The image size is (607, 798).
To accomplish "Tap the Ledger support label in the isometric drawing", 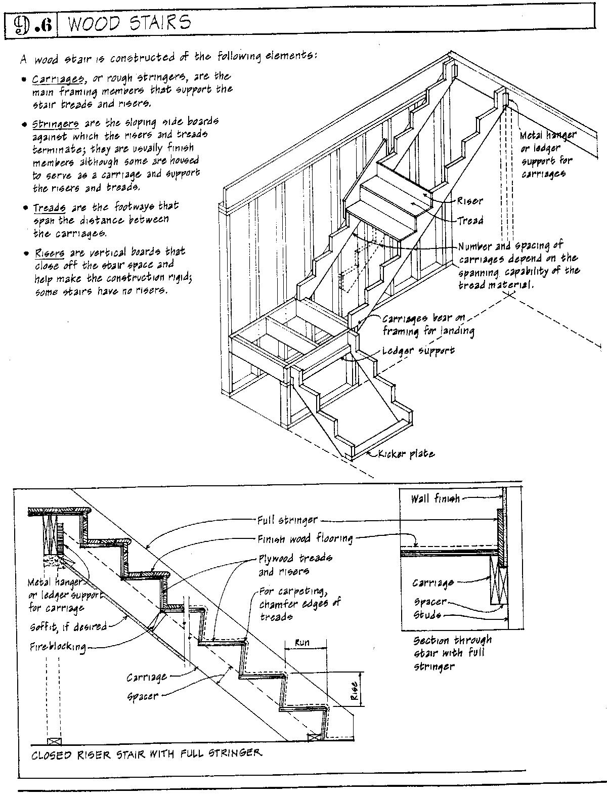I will click(418, 350).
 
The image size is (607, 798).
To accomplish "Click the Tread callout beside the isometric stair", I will click(470, 221).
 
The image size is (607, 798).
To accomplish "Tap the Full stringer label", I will click(287, 520).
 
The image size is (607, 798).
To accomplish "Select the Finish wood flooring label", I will click(305, 539).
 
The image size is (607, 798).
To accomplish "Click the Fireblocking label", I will click(57, 647).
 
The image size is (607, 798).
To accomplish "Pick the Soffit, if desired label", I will click(68, 627).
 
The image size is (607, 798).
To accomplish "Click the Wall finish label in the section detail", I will click(435, 499).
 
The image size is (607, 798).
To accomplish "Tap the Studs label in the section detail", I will click(427, 615).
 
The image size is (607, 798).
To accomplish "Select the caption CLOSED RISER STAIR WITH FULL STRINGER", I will click(147, 753).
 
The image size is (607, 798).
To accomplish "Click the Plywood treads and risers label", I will click(295, 565).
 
